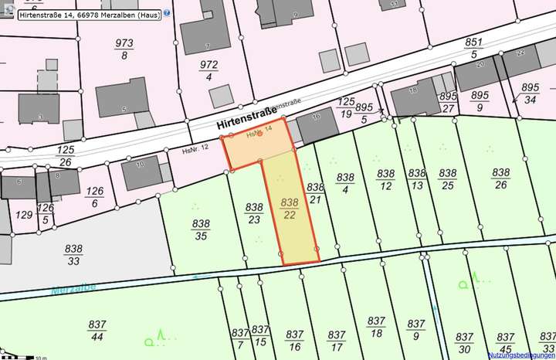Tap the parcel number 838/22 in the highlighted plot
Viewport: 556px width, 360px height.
(289, 209)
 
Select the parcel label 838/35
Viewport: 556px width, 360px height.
(202, 229)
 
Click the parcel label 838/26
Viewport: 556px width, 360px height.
(501, 178)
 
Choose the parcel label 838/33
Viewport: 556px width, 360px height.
(74, 255)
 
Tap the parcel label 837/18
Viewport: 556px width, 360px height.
(376, 327)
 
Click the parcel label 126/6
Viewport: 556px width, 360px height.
(96, 197)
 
